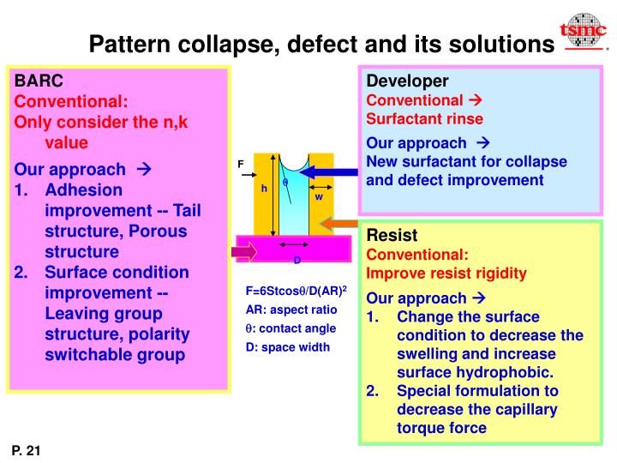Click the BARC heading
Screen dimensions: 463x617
(x=39, y=81)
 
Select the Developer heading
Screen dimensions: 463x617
(x=407, y=81)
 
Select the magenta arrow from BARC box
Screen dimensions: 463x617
(x=244, y=252)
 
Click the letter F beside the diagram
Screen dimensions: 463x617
(x=241, y=164)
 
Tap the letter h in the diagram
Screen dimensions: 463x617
(x=265, y=188)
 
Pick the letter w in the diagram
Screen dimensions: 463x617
(x=319, y=195)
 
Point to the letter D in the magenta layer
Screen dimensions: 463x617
(x=297, y=259)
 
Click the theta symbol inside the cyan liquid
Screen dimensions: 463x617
(x=285, y=182)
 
